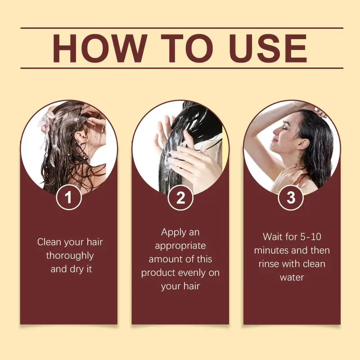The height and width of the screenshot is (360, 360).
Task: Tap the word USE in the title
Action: [x=268, y=48]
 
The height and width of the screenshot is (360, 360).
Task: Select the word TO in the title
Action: [x=187, y=48]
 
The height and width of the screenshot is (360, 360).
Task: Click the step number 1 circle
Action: [x=69, y=197]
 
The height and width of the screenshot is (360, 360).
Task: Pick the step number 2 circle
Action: [x=180, y=197]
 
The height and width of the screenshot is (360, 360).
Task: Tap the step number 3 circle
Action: [x=291, y=197]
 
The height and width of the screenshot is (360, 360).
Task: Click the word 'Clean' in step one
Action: [x=49, y=242]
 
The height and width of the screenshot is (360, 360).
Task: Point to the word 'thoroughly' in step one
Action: [x=70, y=256]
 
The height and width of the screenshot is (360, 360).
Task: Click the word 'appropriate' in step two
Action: [x=180, y=246]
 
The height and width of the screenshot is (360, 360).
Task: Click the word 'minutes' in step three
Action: [x=270, y=250]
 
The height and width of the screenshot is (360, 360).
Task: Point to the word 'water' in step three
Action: [x=292, y=278]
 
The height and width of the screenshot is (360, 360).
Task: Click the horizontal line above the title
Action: [x=182, y=28]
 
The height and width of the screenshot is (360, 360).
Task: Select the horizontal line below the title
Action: [x=182, y=68]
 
